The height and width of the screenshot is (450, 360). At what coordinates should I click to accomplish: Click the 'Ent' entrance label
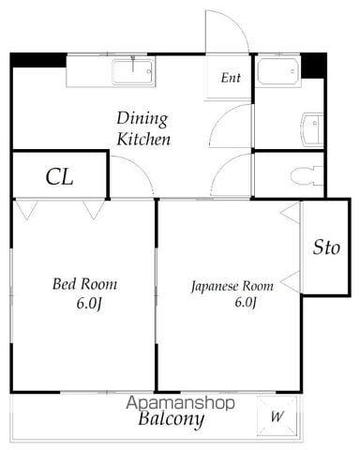click(x=231, y=78)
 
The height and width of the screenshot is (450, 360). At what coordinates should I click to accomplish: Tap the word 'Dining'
click(x=142, y=119)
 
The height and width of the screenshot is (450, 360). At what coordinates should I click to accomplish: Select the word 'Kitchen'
click(x=143, y=140)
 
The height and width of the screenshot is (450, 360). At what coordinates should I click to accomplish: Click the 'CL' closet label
click(x=59, y=177)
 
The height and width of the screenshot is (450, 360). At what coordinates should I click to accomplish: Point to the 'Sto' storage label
click(x=326, y=247)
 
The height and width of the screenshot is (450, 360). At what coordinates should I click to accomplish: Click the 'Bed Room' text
click(x=84, y=284)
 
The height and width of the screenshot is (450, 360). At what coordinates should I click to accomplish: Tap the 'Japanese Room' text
click(x=232, y=287)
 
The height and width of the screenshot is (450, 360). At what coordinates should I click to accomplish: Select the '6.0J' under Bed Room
click(x=89, y=304)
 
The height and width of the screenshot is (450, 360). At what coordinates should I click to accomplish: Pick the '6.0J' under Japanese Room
click(x=246, y=303)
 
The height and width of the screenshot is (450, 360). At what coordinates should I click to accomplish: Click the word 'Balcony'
click(x=172, y=419)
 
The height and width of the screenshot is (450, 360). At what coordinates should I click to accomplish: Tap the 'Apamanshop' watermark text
click(x=180, y=403)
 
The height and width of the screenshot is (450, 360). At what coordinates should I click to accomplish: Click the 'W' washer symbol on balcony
click(x=277, y=416)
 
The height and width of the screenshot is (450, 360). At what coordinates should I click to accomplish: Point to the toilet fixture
click(x=307, y=175)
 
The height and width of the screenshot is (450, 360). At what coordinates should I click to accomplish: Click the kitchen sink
click(x=133, y=72)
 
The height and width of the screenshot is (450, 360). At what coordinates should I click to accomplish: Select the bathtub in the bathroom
click(x=277, y=71)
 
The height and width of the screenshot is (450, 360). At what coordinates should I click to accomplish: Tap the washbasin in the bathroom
click(x=312, y=129)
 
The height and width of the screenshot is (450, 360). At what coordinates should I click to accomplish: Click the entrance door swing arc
click(x=237, y=22)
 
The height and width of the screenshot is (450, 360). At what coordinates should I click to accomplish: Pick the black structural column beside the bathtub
click(x=313, y=66)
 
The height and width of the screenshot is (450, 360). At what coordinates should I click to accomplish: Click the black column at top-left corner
click(x=38, y=60)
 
